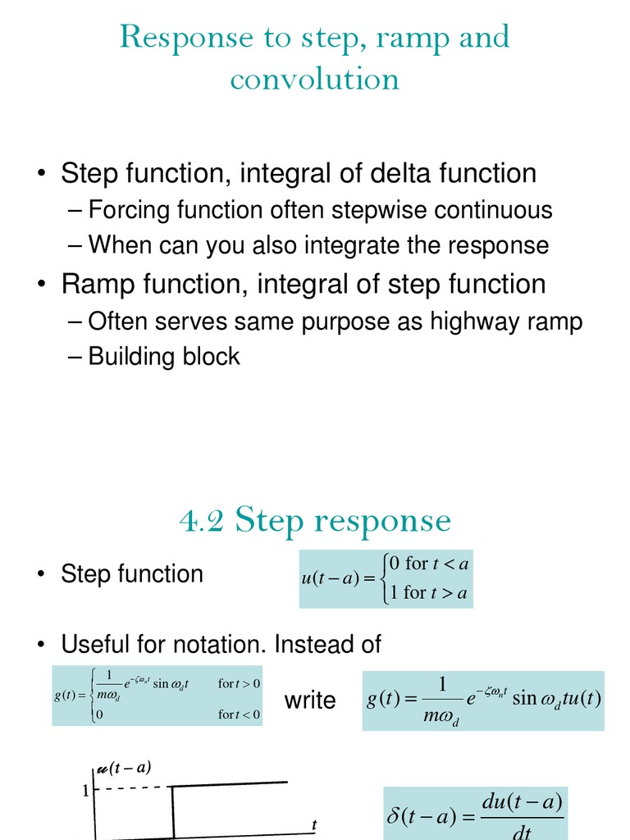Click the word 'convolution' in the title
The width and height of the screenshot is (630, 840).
(x=315, y=79)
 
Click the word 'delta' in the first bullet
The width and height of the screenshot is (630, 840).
(x=398, y=174)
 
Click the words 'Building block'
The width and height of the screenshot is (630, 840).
(x=164, y=356)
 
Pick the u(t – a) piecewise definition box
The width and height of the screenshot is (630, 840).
(x=386, y=578)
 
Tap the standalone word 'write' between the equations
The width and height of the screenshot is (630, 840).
(x=310, y=701)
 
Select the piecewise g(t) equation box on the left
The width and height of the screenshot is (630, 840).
(x=157, y=696)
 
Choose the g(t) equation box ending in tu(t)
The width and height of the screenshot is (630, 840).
(x=483, y=701)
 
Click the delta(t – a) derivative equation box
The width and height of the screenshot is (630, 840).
(x=475, y=814)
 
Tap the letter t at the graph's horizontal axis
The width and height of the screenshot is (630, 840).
(x=314, y=824)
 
